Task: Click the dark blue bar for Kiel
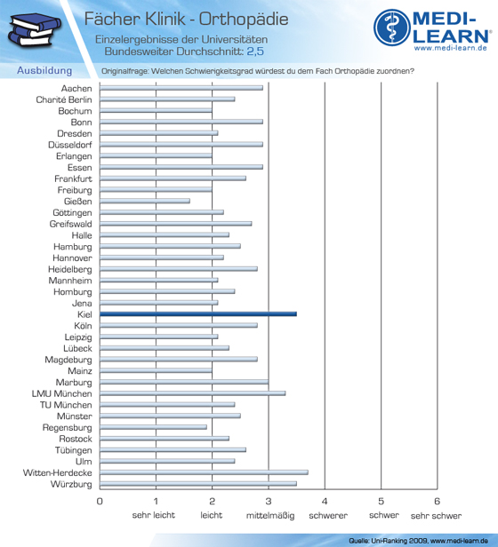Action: click(x=198, y=314)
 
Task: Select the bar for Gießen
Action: click(x=145, y=201)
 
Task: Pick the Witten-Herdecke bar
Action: click(x=205, y=472)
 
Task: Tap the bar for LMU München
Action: click(x=193, y=393)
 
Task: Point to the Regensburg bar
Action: click(x=154, y=427)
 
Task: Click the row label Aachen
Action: click(x=76, y=89)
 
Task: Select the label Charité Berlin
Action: click(x=64, y=99)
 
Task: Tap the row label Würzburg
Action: click(x=71, y=484)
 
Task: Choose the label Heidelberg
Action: click(x=70, y=269)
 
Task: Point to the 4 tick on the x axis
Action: click(x=325, y=502)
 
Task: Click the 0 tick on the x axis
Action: click(x=100, y=502)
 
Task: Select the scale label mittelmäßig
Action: click(x=270, y=515)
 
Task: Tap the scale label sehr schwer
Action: click(x=436, y=515)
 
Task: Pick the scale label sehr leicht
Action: click(x=154, y=515)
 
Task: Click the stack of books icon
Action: click(x=35, y=30)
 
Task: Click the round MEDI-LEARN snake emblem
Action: click(x=392, y=28)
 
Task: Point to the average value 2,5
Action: click(x=255, y=52)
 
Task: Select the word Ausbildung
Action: click(x=44, y=70)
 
